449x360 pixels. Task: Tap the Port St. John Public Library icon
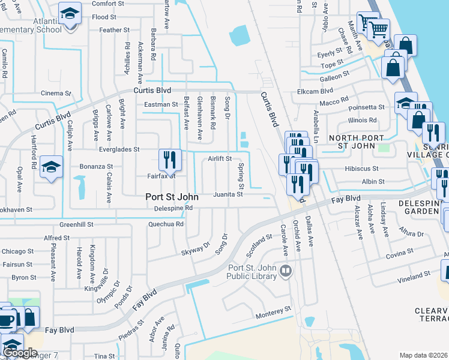(286, 272)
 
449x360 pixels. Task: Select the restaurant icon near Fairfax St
(170, 159)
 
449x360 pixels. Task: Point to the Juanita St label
(229, 194)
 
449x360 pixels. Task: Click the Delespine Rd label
(173, 208)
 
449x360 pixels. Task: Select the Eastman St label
(161, 104)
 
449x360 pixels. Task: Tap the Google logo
(20, 353)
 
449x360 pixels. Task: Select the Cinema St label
(56, 94)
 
